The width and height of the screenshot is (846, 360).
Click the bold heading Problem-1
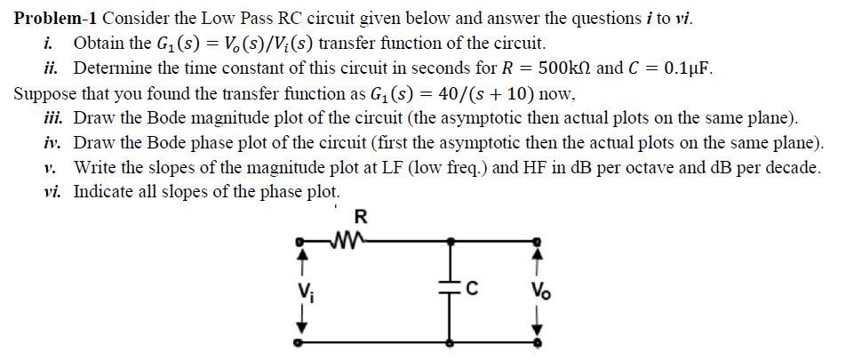pos(56,18)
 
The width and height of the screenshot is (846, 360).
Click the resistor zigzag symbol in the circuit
pos(340,239)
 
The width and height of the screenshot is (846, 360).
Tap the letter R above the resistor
pos(360,216)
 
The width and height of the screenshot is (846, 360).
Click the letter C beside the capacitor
pos(473,288)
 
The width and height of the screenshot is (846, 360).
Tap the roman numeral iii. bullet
pos(56,117)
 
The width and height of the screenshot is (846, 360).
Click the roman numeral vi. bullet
pos(55,190)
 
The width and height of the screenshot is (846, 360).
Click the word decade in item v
pos(789,166)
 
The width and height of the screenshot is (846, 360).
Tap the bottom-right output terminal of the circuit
pos(536,340)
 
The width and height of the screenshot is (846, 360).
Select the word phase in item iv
pos(227,141)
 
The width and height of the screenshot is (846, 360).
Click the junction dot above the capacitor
pos(450,240)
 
